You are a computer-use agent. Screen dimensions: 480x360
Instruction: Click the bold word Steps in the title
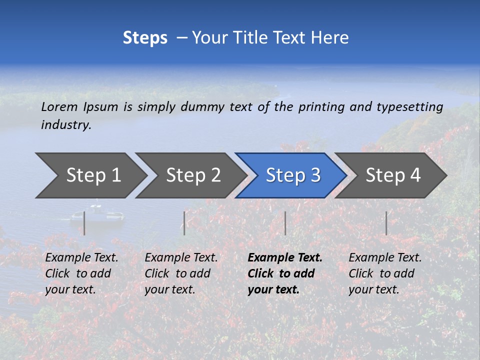coord(145,38)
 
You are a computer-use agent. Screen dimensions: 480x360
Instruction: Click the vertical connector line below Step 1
coord(84,223)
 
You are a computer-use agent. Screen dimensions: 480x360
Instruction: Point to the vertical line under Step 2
coord(184,223)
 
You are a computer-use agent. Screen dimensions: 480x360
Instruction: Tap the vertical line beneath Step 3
coord(285,223)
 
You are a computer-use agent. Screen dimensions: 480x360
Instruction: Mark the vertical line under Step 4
coord(386,223)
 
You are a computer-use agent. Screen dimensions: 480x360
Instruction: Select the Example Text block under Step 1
coord(81,273)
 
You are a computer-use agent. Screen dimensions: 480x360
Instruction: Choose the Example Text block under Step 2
coord(181,273)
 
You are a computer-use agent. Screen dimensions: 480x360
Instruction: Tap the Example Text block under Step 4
coord(384,273)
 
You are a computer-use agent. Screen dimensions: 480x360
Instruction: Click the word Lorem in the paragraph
coord(59,106)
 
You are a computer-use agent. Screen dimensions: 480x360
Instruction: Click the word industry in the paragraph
coord(65,125)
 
